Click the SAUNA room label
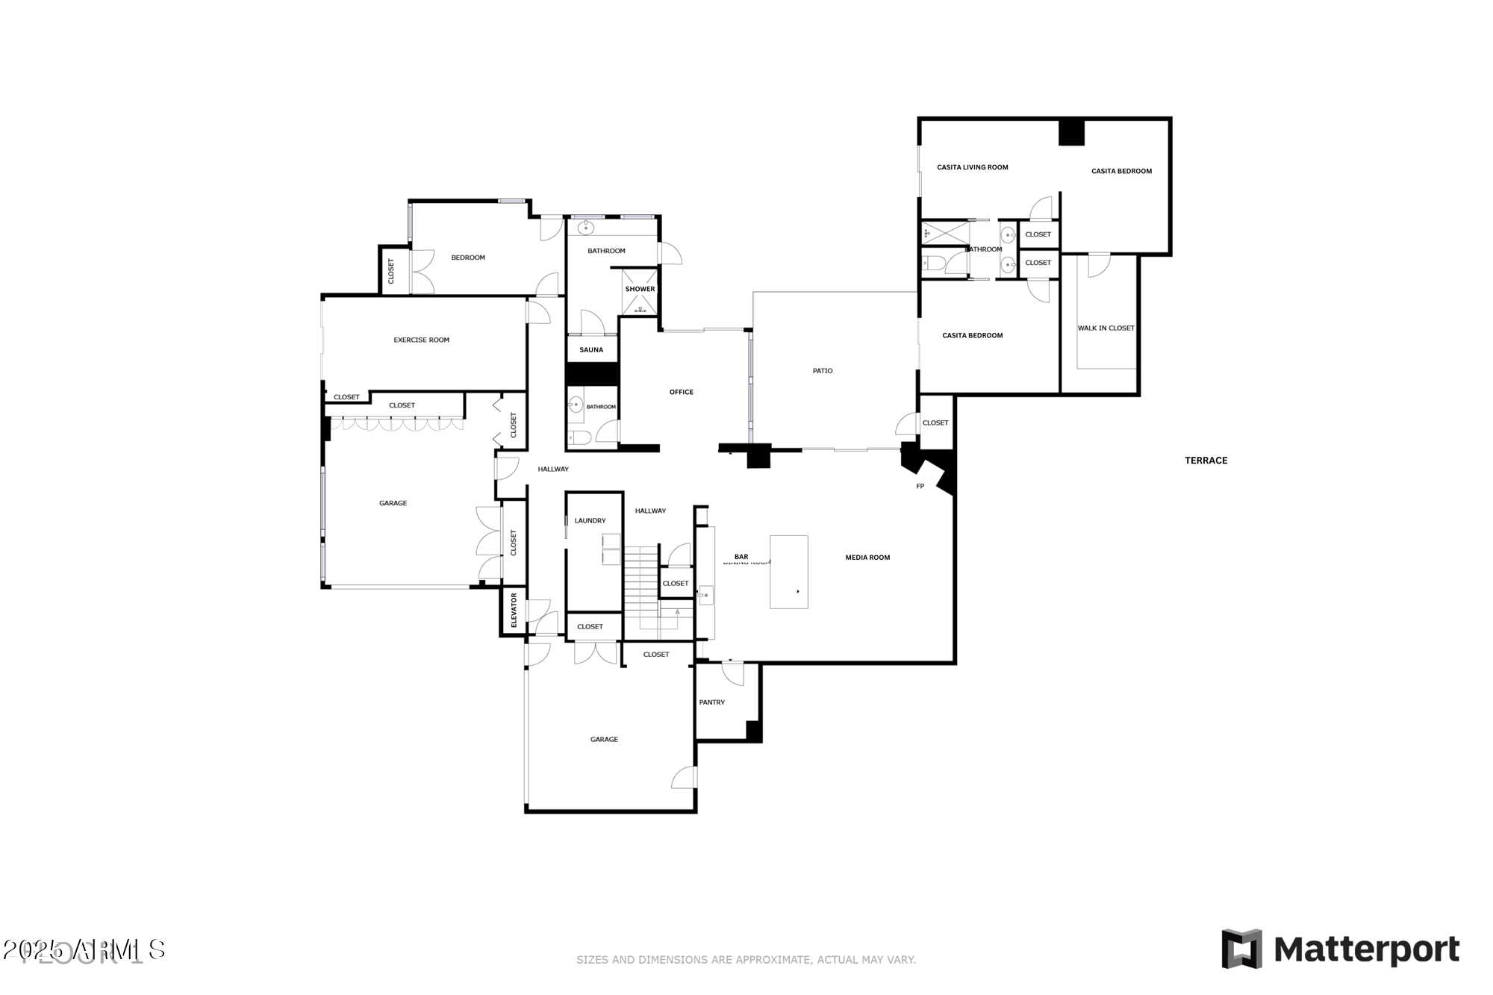point(591,350)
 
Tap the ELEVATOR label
point(514,611)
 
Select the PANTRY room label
point(711,702)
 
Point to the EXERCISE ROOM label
point(421,340)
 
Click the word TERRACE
point(1206,461)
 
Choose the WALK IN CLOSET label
point(1106,328)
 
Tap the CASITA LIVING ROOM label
point(972,167)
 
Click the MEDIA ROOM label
point(867,558)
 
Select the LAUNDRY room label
point(590,521)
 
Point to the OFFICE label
point(681,393)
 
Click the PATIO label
point(822,371)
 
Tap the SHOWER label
point(640,290)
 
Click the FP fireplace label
point(920,487)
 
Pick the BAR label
point(741,557)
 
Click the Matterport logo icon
point(1241,949)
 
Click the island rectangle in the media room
point(788,571)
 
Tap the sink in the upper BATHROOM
point(585,226)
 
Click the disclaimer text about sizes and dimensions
point(746,960)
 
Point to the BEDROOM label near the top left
point(468,258)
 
